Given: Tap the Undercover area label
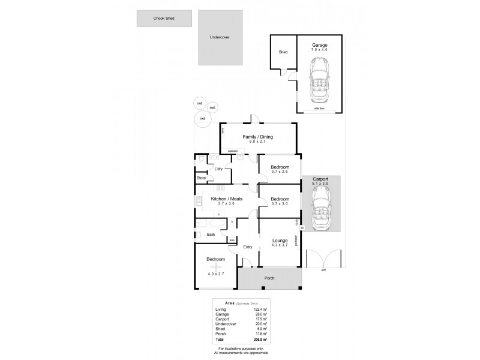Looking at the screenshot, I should (220, 37).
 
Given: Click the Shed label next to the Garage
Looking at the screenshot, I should (283, 52).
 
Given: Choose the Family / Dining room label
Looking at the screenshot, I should (257, 137).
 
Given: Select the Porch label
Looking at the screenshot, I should (268, 278).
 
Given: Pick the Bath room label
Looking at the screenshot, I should (211, 235).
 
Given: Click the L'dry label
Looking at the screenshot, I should (219, 169).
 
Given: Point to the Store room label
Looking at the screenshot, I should (202, 178).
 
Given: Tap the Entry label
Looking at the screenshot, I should (247, 247).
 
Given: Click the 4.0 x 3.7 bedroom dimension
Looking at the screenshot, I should (216, 274).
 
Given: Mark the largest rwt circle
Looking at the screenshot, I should (202, 119).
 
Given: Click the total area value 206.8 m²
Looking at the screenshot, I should (260, 339).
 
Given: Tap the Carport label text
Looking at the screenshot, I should (320, 179).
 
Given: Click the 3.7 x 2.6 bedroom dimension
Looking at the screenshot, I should (280, 172).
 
